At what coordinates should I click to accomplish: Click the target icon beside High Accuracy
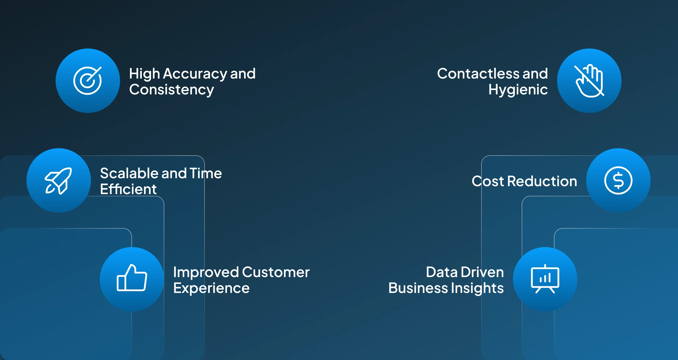coord(88,81)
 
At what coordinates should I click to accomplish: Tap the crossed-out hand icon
coord(589,81)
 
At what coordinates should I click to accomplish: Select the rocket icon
coord(59,181)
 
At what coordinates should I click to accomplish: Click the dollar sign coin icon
coord(618,181)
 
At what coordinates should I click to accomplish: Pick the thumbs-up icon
coord(132,279)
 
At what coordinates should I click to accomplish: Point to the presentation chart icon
coord(545,279)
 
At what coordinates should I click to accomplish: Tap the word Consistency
coord(171,90)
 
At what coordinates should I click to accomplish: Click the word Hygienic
coord(518,90)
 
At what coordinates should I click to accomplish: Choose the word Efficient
coord(128,189)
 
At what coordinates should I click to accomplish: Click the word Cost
coord(488,181)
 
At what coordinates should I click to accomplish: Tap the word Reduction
coord(542,181)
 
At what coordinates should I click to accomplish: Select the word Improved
coord(206,272)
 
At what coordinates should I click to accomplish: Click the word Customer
coord(276,272)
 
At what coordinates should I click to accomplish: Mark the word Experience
coord(211,288)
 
